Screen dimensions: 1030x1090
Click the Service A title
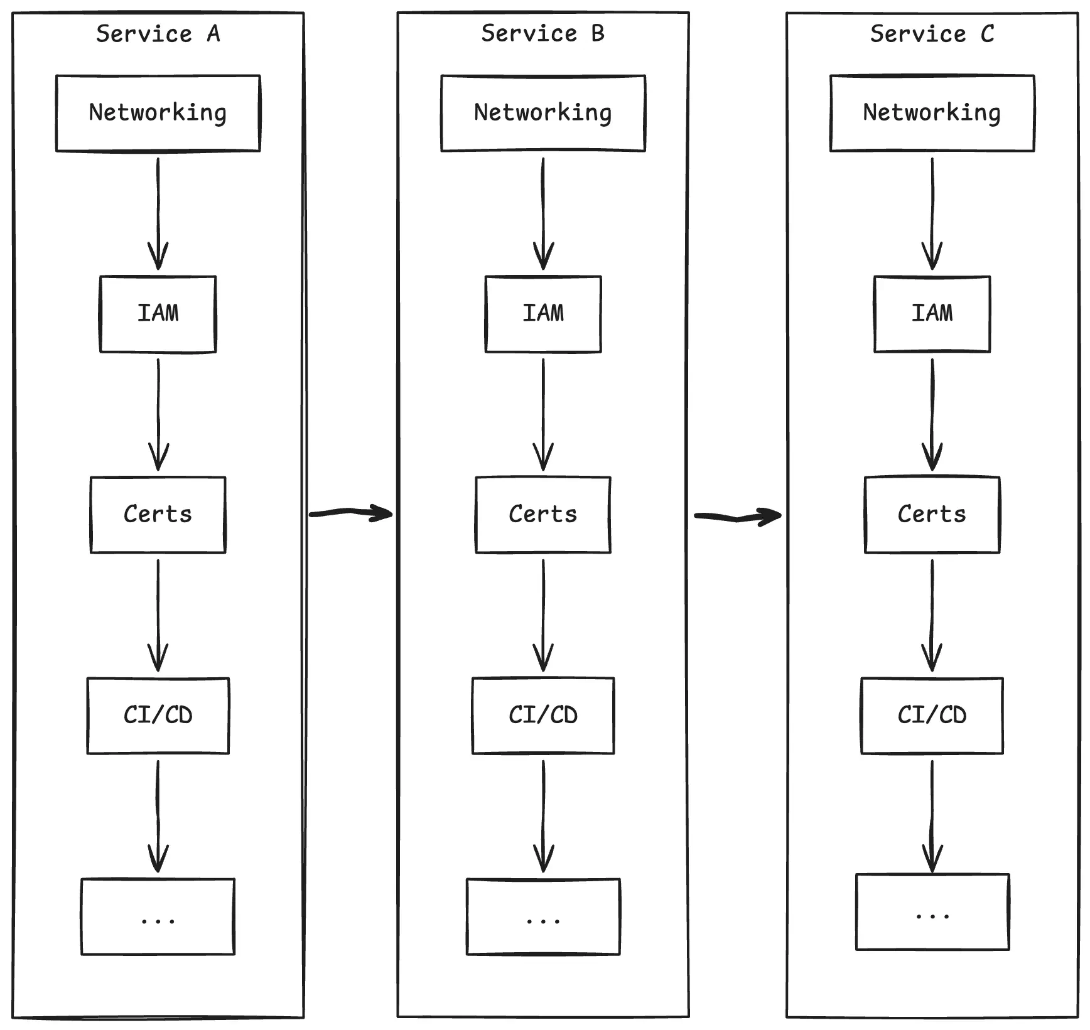tap(158, 34)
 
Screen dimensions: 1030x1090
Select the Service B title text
tap(542, 34)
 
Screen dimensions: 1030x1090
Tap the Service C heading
tap(932, 34)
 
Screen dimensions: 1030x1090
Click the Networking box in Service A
tap(158, 113)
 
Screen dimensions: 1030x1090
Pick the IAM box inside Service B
tap(543, 313)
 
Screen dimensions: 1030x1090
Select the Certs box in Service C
tap(932, 514)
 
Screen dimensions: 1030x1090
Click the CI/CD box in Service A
tap(158, 715)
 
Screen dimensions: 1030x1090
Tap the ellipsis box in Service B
tap(543, 916)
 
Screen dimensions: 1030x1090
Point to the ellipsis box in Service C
tap(932, 911)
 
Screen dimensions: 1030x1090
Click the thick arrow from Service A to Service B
tap(350, 513)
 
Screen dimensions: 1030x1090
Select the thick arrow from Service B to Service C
tap(737, 517)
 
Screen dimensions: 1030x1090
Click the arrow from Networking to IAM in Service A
tap(158, 213)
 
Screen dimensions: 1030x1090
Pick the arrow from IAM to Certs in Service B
tap(543, 414)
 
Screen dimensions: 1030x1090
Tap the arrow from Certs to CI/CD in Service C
tap(932, 615)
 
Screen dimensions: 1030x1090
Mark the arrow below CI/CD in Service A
tap(158, 816)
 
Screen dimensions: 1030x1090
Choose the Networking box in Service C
tap(932, 113)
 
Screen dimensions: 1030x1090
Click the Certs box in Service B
tap(543, 514)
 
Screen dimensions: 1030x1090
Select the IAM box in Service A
tap(158, 313)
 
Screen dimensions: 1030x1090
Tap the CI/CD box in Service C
tap(932, 715)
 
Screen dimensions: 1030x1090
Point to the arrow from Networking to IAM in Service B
tap(543, 213)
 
